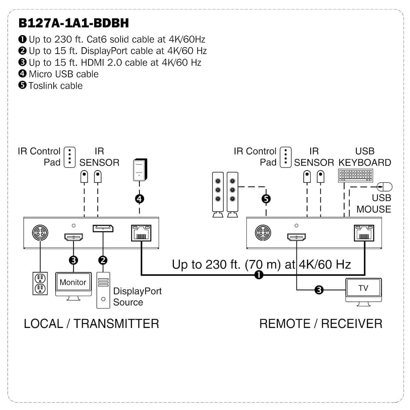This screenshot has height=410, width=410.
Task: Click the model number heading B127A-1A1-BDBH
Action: (x=73, y=23)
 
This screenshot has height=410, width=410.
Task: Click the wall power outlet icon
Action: (x=40, y=283)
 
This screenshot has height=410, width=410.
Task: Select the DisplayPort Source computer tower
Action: (x=103, y=290)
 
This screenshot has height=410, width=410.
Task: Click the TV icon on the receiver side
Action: (x=364, y=292)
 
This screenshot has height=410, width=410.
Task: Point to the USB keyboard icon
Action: (x=355, y=176)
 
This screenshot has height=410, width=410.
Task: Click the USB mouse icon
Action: (x=385, y=187)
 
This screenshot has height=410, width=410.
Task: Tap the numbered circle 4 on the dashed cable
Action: (x=139, y=199)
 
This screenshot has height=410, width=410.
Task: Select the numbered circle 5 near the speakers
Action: (x=266, y=199)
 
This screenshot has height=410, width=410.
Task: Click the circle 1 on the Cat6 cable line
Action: (x=259, y=275)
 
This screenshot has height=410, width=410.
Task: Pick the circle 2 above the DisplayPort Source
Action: (x=103, y=260)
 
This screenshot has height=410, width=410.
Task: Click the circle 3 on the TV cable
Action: (x=319, y=290)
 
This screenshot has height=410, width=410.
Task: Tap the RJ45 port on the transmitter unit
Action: (x=141, y=233)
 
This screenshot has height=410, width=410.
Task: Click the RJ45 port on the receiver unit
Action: (x=364, y=233)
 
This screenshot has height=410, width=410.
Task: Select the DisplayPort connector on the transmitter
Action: (x=103, y=228)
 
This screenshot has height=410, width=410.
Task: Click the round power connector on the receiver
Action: (x=263, y=233)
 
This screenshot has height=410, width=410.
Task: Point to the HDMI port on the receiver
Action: (x=296, y=237)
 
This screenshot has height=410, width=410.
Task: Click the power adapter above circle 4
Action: (x=140, y=169)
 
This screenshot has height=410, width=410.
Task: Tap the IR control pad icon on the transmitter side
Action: (x=70, y=157)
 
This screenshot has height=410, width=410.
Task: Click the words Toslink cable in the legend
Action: (x=56, y=85)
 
